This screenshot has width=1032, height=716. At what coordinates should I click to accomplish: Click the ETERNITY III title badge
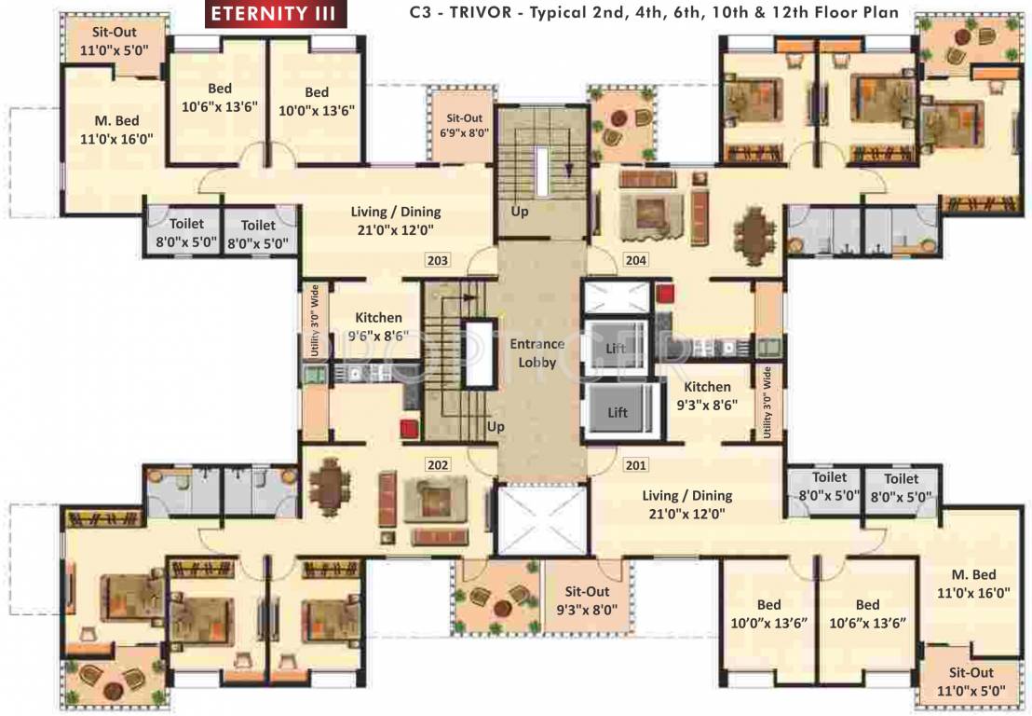tap(277, 13)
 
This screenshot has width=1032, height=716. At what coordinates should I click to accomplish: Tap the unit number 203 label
tap(438, 260)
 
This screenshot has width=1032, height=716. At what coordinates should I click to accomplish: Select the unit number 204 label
tap(636, 260)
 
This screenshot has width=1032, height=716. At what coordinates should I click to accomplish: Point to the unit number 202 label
tap(438, 464)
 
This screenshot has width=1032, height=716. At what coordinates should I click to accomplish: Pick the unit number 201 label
tap(636, 464)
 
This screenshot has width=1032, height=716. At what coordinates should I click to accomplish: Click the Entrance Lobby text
tap(536, 352)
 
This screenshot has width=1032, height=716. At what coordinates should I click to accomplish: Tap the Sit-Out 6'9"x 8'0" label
tap(465, 125)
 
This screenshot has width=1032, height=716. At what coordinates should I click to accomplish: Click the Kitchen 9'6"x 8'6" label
tap(378, 327)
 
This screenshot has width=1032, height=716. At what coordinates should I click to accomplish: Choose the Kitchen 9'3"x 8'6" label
tap(708, 395)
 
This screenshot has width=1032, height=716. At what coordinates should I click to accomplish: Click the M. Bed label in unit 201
tap(974, 583)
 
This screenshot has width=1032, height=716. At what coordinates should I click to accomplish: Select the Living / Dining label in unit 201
tap(687, 504)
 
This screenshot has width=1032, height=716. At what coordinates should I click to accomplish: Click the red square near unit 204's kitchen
tap(663, 294)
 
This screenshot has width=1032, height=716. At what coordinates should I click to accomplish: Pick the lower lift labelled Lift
tap(618, 411)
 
